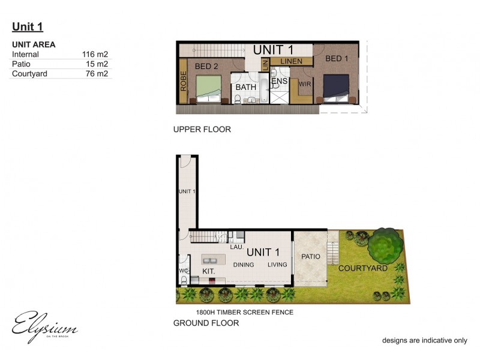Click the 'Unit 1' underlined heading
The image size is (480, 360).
click(x=28, y=26)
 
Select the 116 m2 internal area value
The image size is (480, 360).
click(x=95, y=55)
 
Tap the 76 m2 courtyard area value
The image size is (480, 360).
click(x=97, y=74)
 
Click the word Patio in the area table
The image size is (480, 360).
click(x=22, y=64)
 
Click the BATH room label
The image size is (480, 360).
click(x=245, y=88)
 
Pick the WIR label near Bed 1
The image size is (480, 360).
click(x=305, y=84)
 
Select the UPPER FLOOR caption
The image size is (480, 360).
click(x=202, y=130)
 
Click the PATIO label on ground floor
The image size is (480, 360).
click(x=311, y=257)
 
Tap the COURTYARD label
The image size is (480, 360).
click(x=363, y=268)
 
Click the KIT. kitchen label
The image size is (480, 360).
click(x=208, y=272)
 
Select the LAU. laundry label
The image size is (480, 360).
click(x=236, y=247)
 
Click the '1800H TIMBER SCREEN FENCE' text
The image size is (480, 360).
click(x=245, y=312)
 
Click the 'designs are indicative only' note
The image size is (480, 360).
click(x=425, y=340)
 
